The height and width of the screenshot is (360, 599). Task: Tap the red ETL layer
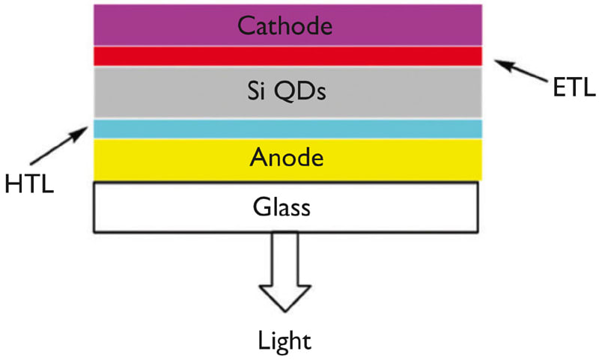pos(288,56)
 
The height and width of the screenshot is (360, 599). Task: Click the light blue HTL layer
pos(288,129)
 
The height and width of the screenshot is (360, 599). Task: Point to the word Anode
pos(288,159)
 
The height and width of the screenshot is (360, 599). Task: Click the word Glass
pos(287,206)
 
